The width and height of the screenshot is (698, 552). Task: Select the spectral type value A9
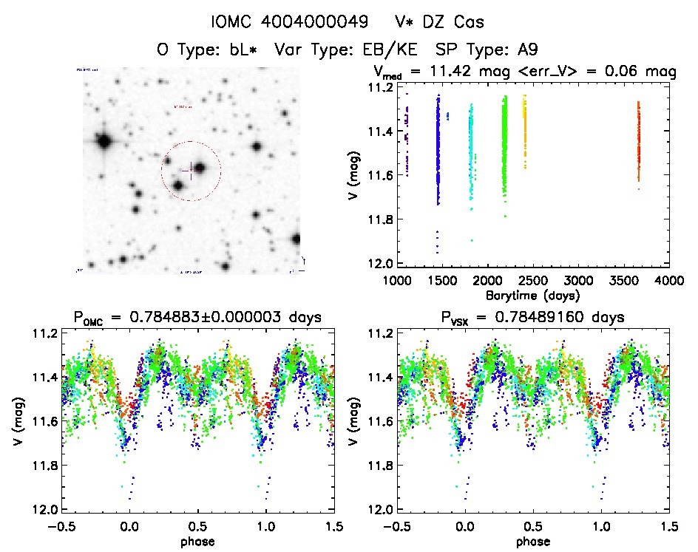click(x=526, y=50)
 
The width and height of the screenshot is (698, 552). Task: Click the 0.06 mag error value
click(x=610, y=72)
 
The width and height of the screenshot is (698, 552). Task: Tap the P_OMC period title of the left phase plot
click(x=197, y=318)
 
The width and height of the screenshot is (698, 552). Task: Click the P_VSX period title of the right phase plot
click(x=532, y=318)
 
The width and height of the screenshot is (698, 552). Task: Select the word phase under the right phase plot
click(x=532, y=541)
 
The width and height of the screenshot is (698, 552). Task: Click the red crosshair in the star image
click(x=191, y=170)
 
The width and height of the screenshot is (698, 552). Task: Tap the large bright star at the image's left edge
click(x=102, y=140)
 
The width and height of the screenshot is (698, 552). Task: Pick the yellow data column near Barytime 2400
click(x=525, y=126)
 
